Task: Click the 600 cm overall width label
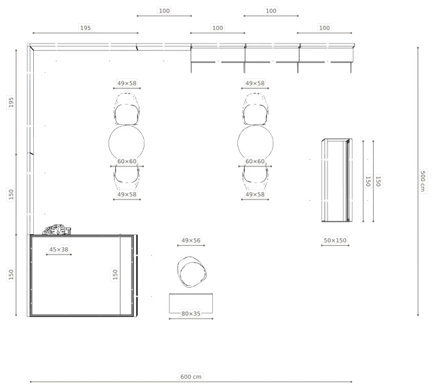point(191,377)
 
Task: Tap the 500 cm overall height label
point(422,181)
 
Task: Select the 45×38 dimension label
point(59,249)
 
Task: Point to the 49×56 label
point(191,240)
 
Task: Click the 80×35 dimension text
point(191,314)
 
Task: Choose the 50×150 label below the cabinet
point(335,240)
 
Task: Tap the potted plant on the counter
point(56,229)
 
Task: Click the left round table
point(127,143)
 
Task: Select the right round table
point(255,143)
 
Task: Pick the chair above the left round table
point(127,109)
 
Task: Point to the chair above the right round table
point(255,109)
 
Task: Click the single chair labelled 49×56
point(191,272)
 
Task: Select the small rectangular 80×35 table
point(191,303)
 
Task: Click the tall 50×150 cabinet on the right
point(337,180)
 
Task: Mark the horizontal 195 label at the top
point(85,28)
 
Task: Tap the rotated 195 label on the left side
point(11,102)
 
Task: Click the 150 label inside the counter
point(115,274)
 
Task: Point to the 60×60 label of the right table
point(255,162)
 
